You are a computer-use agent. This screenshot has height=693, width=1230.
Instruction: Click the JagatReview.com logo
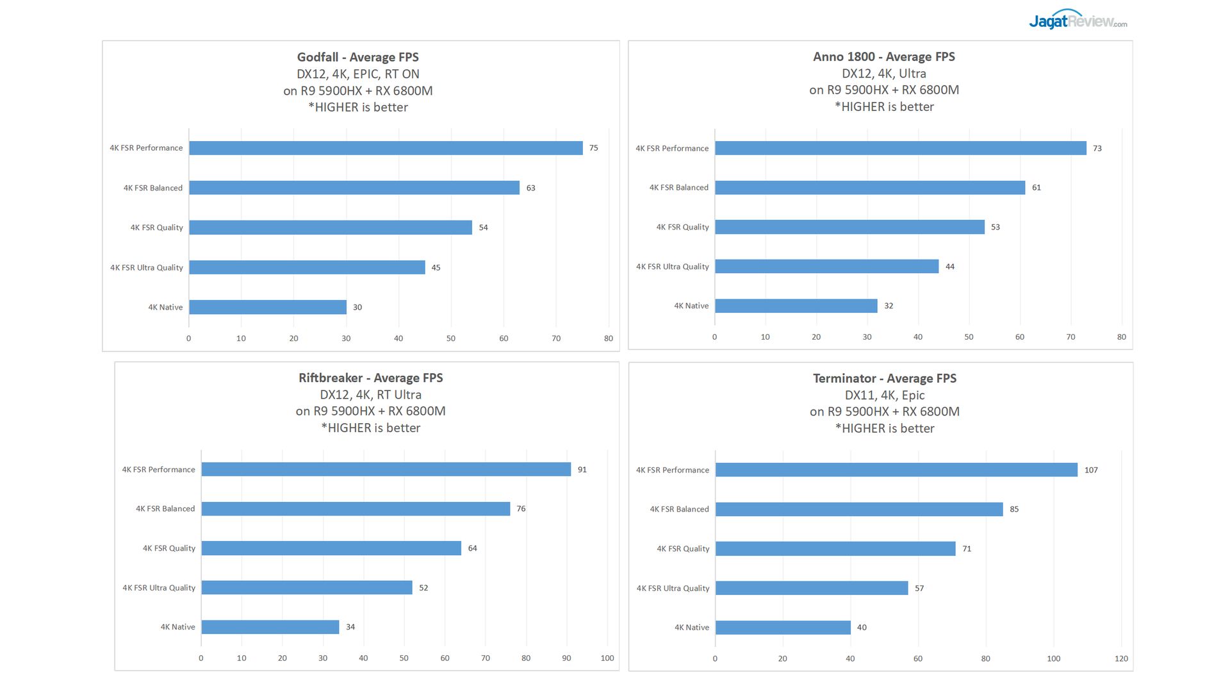[x=1078, y=21]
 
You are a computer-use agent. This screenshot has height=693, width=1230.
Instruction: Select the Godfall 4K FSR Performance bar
[x=386, y=148]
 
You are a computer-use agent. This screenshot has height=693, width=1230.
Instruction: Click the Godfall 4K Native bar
[x=268, y=307]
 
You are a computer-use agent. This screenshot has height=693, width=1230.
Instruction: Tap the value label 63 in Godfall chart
[x=530, y=188]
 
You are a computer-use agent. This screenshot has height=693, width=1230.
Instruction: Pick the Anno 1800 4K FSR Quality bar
[x=849, y=227]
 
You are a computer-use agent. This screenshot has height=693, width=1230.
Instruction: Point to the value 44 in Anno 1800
[x=949, y=267]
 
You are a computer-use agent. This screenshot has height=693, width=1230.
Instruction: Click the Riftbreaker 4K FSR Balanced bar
[x=356, y=509]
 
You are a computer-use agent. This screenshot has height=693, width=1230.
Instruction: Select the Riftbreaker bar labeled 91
[x=386, y=469]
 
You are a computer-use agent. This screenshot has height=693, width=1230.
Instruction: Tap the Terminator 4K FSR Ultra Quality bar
[x=812, y=588]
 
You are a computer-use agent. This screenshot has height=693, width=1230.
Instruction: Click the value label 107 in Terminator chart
[x=1091, y=470]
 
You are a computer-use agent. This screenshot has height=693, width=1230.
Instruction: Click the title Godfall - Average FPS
[x=357, y=57]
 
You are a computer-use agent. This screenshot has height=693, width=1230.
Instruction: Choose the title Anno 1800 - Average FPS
[x=883, y=56]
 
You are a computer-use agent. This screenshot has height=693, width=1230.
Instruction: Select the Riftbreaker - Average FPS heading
[x=370, y=378]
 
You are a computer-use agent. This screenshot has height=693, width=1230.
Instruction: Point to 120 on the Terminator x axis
[x=1121, y=658]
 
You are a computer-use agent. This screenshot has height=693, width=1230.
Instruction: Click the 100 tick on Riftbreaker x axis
[x=607, y=658]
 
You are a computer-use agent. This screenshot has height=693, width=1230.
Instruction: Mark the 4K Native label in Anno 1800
[x=691, y=306]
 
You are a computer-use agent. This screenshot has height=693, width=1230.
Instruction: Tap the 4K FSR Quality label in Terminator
[x=683, y=549]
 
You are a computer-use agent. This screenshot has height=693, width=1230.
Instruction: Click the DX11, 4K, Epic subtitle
[x=884, y=395]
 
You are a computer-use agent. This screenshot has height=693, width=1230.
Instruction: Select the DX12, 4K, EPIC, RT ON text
[x=357, y=74]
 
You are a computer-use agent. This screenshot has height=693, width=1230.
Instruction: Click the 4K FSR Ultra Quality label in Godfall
[x=146, y=267]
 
